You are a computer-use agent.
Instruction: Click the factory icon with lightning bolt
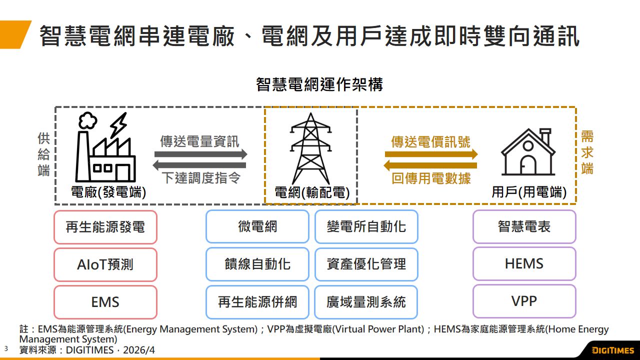coord(105,148)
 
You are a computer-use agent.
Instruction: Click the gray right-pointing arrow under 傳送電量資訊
coord(200,154)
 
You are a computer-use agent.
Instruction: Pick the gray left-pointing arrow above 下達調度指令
coord(200,165)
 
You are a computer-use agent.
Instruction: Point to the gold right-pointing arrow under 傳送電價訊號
coord(431,154)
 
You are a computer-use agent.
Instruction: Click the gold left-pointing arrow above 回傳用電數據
coord(431,165)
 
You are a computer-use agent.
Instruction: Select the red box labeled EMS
coord(105,302)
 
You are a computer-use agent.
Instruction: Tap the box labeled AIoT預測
coord(105,264)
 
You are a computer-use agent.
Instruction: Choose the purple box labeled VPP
coord(524,301)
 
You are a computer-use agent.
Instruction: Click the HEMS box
coord(524,264)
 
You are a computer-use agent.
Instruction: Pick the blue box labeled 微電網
coord(257,227)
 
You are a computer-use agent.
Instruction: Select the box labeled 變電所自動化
coord(366,227)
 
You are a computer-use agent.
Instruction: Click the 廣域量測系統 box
coord(366,302)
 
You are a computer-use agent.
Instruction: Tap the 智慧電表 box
coord(524,227)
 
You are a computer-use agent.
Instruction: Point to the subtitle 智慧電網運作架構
coord(319,84)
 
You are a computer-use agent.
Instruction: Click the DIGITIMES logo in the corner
coord(612,350)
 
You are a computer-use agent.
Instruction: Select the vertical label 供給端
coord(44,154)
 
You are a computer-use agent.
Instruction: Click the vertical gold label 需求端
coord(587,152)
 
